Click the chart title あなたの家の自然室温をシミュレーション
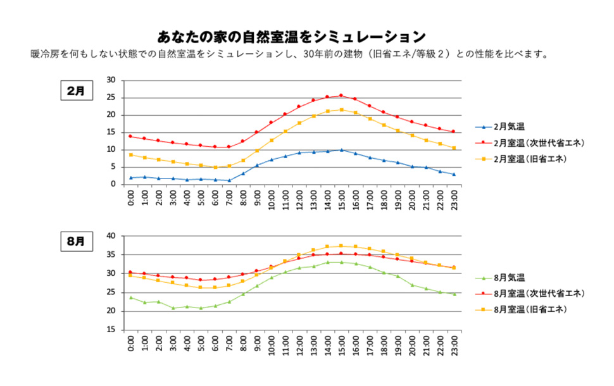click(291, 36)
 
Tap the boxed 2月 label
click(75, 91)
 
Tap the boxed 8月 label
click(75, 242)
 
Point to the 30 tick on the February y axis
click(111, 80)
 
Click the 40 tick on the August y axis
click(111, 236)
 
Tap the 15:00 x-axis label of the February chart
click(342, 198)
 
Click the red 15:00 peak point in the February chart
click(341, 96)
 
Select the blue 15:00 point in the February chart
click(341, 150)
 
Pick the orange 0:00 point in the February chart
click(131, 155)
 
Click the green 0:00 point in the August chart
click(131, 297)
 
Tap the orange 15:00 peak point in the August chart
click(341, 246)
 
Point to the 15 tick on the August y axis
click(111, 330)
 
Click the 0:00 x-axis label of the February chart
click(131, 198)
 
